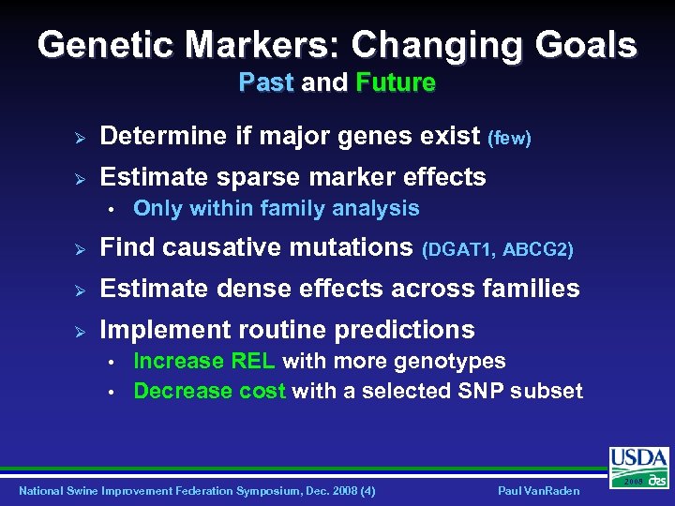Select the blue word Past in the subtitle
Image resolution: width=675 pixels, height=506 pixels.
[x=266, y=83]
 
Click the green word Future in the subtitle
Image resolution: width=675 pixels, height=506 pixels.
[x=396, y=83]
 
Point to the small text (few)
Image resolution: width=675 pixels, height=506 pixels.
[x=510, y=139]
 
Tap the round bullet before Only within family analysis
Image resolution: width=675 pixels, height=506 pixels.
[x=111, y=209]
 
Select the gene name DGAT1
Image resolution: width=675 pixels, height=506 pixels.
[x=460, y=250]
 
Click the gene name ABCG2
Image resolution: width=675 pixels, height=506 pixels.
[x=537, y=250]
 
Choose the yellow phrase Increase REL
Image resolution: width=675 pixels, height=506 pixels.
[x=204, y=362]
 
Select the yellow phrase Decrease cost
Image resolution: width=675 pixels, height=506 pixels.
[x=209, y=391]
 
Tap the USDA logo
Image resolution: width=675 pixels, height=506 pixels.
[x=639, y=466]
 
